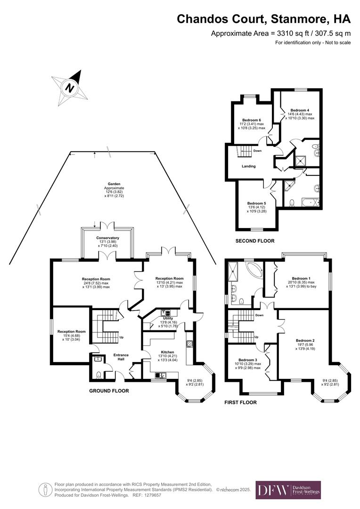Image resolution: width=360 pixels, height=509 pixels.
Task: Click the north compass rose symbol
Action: (x=70, y=88)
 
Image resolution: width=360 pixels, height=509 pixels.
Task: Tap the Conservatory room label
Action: (x=107, y=238)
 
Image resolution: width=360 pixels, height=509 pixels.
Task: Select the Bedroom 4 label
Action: (x=300, y=109)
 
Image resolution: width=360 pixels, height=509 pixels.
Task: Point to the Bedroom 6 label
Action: (x=252, y=120)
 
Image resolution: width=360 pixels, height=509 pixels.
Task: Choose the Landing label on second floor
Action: (x=249, y=166)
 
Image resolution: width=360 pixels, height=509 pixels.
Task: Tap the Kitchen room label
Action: (x=167, y=352)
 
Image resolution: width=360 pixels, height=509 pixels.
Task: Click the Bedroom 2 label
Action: (x=305, y=340)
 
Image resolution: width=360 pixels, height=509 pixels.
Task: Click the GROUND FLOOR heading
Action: (x=109, y=391)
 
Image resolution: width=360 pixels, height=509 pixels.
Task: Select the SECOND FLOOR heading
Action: (x=255, y=241)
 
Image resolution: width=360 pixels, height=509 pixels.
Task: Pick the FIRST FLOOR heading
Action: (x=241, y=402)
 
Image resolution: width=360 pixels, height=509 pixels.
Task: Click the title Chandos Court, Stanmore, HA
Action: (x=264, y=19)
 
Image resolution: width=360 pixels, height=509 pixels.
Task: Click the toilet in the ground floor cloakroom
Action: (x=98, y=376)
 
